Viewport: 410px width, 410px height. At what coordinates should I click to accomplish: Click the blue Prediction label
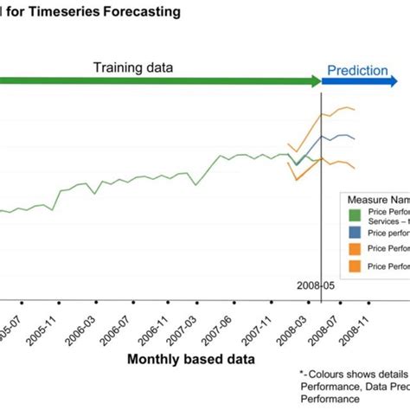point(357,70)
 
